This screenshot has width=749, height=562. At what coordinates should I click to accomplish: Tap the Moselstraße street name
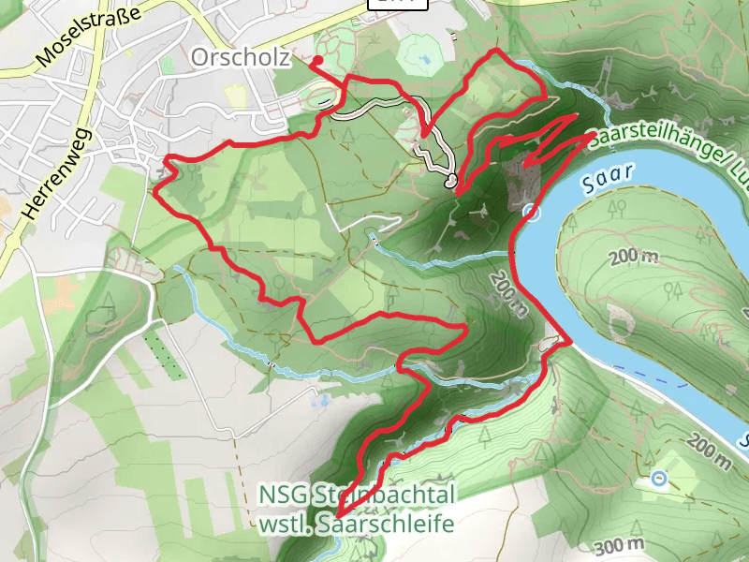(x=88, y=37)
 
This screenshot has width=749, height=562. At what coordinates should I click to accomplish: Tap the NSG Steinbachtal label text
(x=357, y=495)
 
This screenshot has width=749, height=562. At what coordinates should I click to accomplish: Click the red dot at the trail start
(x=317, y=62)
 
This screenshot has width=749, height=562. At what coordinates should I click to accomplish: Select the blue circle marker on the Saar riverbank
(x=531, y=213)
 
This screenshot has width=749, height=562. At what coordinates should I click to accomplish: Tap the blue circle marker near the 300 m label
(x=659, y=480)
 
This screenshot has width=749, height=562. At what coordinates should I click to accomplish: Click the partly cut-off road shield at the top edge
(x=399, y=4)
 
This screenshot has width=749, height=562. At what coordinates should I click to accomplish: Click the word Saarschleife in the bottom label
(x=400, y=522)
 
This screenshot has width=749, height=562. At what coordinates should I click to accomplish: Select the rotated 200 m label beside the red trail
(x=508, y=295)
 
